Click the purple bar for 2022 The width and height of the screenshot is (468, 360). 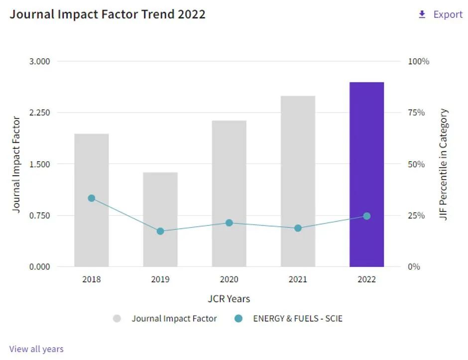click(366, 149)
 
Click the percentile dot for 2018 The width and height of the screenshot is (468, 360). click(92, 198)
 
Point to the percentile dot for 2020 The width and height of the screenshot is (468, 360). click(229, 223)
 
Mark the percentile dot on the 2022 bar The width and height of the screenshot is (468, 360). click(367, 216)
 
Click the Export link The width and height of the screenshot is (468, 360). click(448, 14)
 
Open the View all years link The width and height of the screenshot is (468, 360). click(36, 349)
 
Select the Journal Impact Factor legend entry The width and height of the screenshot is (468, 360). click(174, 319)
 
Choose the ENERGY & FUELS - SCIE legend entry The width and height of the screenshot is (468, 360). click(297, 319)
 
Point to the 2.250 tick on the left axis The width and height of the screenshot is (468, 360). click(40, 113)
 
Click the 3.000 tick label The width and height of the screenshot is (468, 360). click(40, 61)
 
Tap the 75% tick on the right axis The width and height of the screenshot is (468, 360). click(416, 113)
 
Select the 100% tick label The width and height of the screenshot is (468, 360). click(418, 61)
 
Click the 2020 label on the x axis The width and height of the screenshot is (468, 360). click(229, 279)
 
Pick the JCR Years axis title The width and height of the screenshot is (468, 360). click(229, 299)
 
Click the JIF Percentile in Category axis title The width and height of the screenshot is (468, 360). click(444, 164)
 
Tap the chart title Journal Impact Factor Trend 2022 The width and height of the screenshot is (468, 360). click(108, 14)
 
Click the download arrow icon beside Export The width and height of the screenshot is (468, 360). click(422, 14)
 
